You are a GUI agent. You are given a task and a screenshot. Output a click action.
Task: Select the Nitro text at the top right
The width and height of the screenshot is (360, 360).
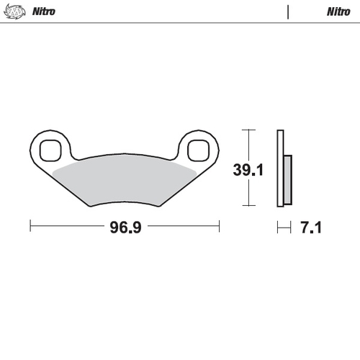click(338, 12)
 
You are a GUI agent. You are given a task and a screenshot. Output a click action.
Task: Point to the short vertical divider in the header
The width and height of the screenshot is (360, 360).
click(288, 12)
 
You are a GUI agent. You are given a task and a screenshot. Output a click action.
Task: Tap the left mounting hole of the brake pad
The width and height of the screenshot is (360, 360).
click(50, 150)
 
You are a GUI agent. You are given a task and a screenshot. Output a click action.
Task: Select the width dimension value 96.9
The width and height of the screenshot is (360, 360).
click(124, 228)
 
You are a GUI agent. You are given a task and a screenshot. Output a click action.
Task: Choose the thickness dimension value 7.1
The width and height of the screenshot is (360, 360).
click(310, 228)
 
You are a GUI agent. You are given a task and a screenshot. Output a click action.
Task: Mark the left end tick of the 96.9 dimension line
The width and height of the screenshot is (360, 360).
click(30, 227)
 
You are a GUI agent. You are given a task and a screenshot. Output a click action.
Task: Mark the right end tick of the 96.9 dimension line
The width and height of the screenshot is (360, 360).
click(219, 227)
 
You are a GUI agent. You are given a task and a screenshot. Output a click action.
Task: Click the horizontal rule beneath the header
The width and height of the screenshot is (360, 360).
click(180, 22)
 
